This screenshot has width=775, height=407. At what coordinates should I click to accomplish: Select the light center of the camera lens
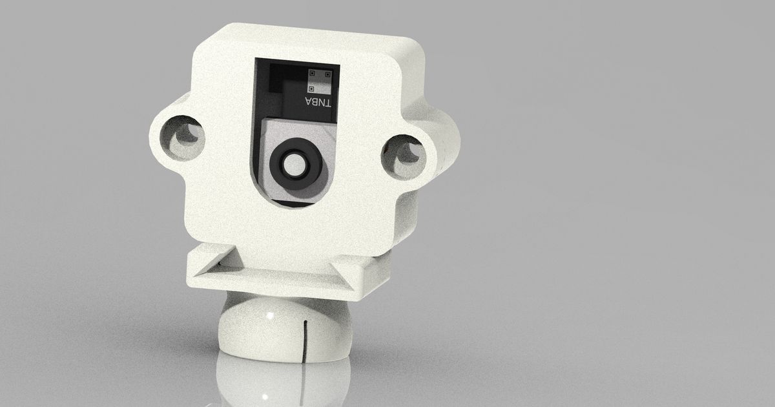pyautogui.click(x=295, y=165)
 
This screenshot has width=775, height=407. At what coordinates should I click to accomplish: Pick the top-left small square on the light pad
pyautogui.click(x=311, y=73)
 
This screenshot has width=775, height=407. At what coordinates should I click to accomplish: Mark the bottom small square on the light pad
pyautogui.click(x=311, y=87)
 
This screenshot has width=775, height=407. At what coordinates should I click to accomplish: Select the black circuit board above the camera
pyautogui.click(x=284, y=90)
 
